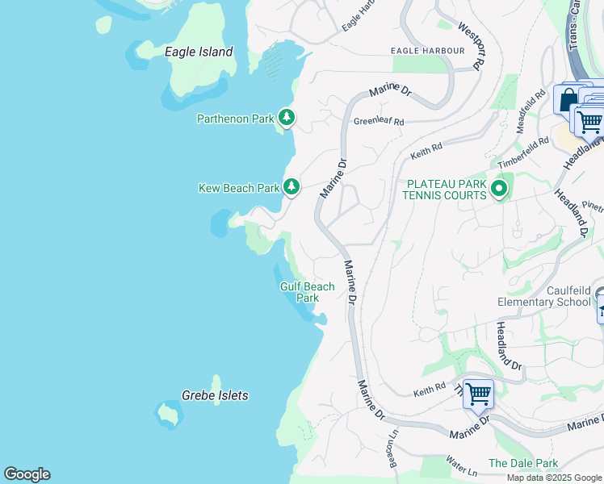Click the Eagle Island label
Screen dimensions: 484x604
[199, 52]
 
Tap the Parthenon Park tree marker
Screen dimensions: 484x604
[286, 118]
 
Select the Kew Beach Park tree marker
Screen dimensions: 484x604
[291, 187]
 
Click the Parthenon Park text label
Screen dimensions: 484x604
[236, 119]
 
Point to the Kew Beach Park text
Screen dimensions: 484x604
[238, 188]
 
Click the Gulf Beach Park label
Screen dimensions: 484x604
[307, 292]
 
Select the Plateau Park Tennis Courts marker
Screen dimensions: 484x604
[499, 190]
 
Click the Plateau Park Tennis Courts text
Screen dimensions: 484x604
[447, 190]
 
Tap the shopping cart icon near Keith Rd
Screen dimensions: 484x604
[478, 395]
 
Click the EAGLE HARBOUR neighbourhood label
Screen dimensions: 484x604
[427, 50]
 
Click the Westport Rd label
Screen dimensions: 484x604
[469, 45]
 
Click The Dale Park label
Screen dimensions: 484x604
[522, 464]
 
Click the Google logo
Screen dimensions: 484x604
[27, 474]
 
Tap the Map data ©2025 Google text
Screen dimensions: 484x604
[555, 478]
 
